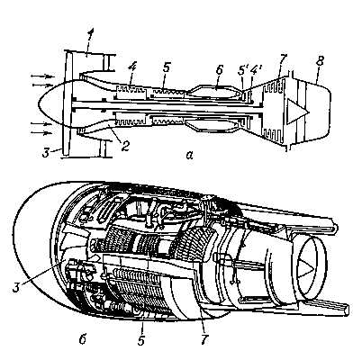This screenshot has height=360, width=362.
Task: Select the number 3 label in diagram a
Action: click(46, 152)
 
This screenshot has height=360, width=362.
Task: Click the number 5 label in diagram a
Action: click(166, 67)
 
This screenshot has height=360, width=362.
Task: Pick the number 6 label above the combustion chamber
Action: click(220, 70)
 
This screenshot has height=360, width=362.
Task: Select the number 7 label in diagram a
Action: click(283, 59)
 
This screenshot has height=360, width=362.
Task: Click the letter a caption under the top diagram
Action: click(189, 155)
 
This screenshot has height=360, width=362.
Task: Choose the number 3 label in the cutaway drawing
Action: click(18, 288)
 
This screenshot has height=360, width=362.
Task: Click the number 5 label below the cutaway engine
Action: click(141, 339)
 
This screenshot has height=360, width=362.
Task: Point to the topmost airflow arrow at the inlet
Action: click(41, 76)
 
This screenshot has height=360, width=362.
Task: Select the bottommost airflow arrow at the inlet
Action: click(41, 132)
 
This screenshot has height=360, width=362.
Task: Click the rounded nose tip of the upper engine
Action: click(39, 104)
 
